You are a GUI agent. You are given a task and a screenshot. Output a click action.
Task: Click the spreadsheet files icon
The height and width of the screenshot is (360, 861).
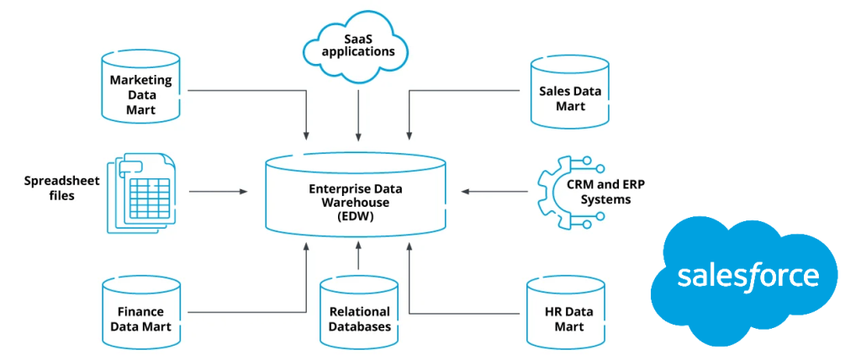click(140, 193)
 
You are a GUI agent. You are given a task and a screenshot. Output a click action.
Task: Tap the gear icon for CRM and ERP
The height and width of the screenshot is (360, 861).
click(561, 192)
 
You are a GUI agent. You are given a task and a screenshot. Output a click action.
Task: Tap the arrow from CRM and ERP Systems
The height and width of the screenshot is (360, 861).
click(496, 192)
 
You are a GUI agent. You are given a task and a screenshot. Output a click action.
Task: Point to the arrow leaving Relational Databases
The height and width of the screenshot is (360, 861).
click(359, 256)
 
